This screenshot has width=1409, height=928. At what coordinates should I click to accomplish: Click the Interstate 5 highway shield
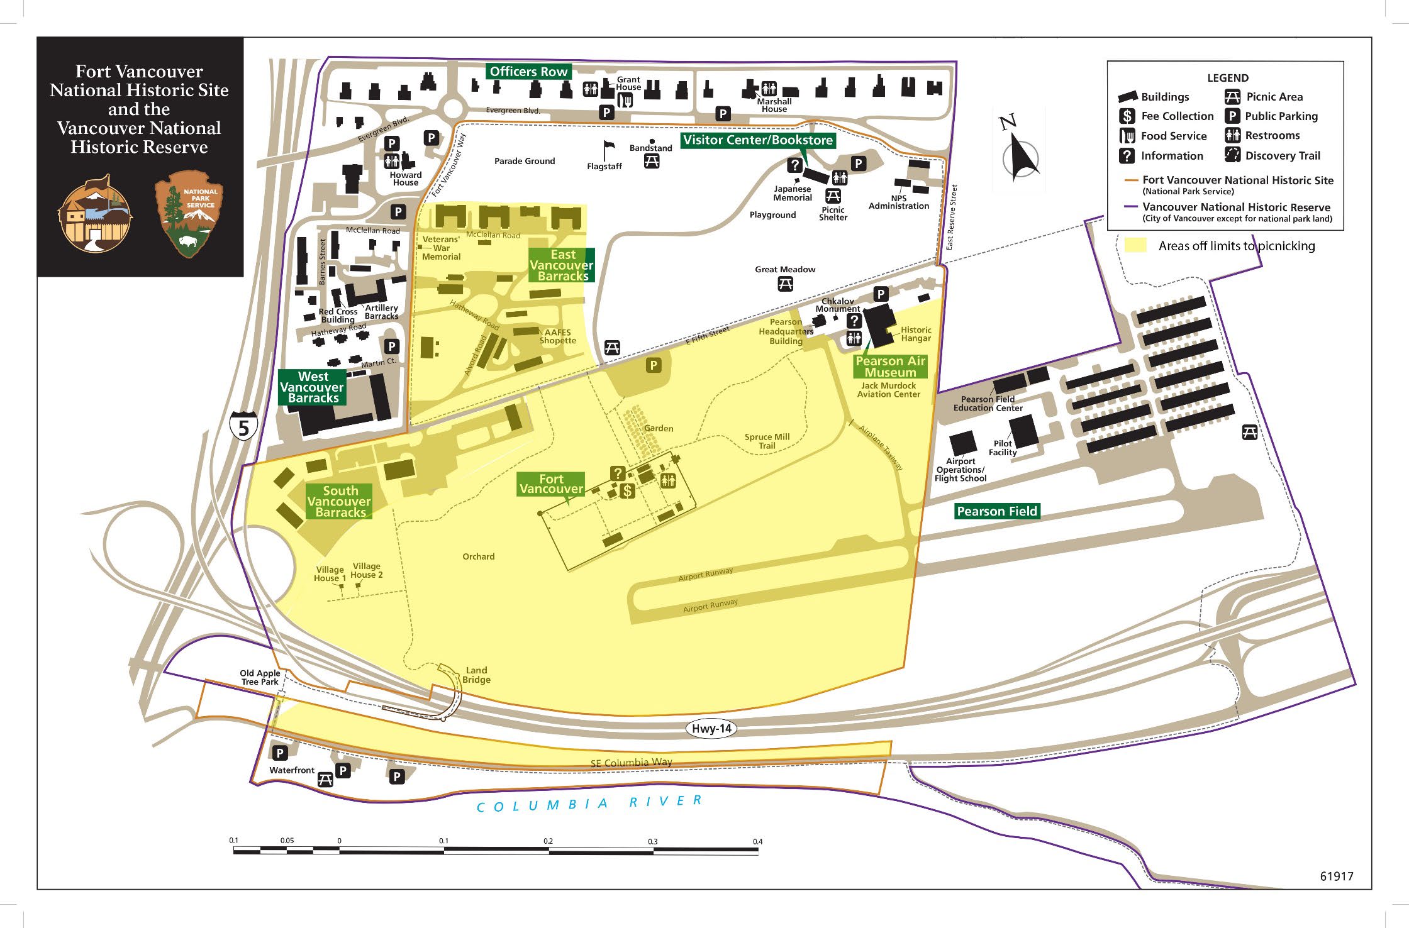[x=243, y=426]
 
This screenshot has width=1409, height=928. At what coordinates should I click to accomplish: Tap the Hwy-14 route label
[x=711, y=729]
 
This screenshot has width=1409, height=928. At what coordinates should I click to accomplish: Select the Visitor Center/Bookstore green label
[x=758, y=140]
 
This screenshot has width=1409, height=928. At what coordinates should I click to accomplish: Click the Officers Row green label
[x=528, y=72]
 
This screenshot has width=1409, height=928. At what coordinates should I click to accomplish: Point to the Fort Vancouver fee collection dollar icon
[x=627, y=491]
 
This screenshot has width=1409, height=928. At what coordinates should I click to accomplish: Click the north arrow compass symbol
[x=1020, y=154]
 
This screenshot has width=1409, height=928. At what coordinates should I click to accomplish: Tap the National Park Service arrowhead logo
[x=189, y=214]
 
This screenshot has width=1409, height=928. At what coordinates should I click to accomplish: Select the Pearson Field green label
[x=996, y=511]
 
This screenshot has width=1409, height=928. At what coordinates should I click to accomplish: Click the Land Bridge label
[x=476, y=675]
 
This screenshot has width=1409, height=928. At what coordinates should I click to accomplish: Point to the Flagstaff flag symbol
[x=608, y=150]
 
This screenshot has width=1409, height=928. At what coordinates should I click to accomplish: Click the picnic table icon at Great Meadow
[x=785, y=284]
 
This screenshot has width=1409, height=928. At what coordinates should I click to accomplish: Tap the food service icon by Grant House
[x=625, y=100]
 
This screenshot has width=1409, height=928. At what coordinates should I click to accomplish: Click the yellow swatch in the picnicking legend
[x=1135, y=245]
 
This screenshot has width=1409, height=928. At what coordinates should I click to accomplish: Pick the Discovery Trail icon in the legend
[x=1232, y=155]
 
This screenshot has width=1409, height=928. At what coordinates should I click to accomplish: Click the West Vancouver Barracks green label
[x=313, y=387]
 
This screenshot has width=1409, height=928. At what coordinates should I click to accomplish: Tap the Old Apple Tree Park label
[x=260, y=677]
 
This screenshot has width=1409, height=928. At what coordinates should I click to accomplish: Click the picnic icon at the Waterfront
[x=325, y=780]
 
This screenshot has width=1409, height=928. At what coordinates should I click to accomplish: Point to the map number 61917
[x=1336, y=876]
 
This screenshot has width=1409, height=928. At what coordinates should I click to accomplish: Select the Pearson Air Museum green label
[x=890, y=367]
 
